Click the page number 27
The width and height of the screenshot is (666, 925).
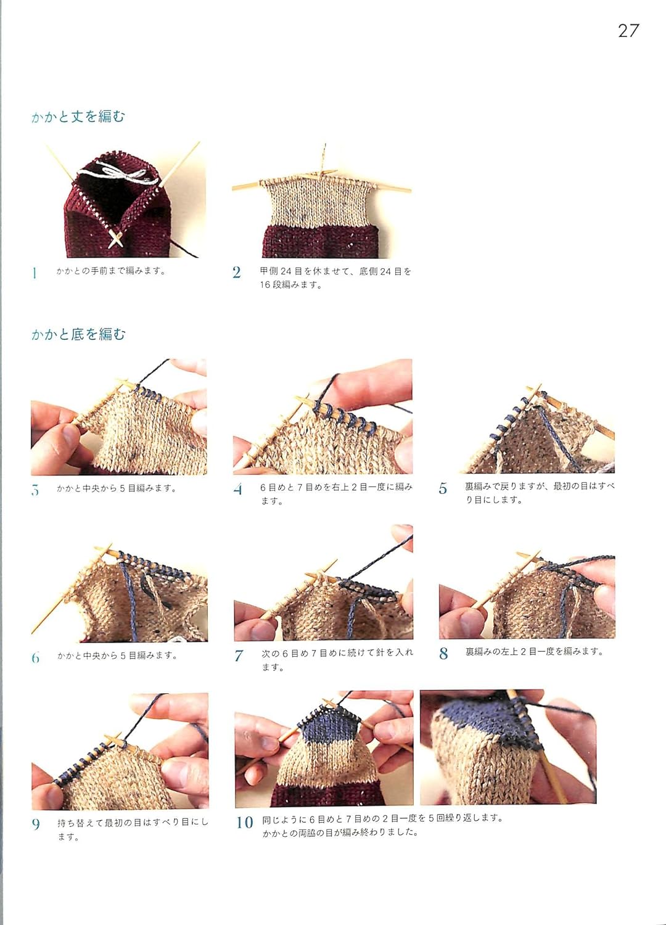click(628, 31)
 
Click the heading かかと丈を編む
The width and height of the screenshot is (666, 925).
click(78, 117)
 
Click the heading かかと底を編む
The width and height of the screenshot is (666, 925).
click(78, 334)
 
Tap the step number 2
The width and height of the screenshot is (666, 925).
click(236, 273)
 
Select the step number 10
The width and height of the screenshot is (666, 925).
click(245, 822)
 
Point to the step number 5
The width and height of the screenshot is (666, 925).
click(443, 489)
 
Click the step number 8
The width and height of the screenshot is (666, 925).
click(443, 654)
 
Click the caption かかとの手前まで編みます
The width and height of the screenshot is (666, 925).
click(111, 271)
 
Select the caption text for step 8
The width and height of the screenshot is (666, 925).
click(534, 651)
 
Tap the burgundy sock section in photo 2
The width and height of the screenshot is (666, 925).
click(319, 242)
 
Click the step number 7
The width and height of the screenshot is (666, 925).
click(238, 656)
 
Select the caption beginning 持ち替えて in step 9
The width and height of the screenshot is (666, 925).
click(132, 829)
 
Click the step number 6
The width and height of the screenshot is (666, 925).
click(35, 657)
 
